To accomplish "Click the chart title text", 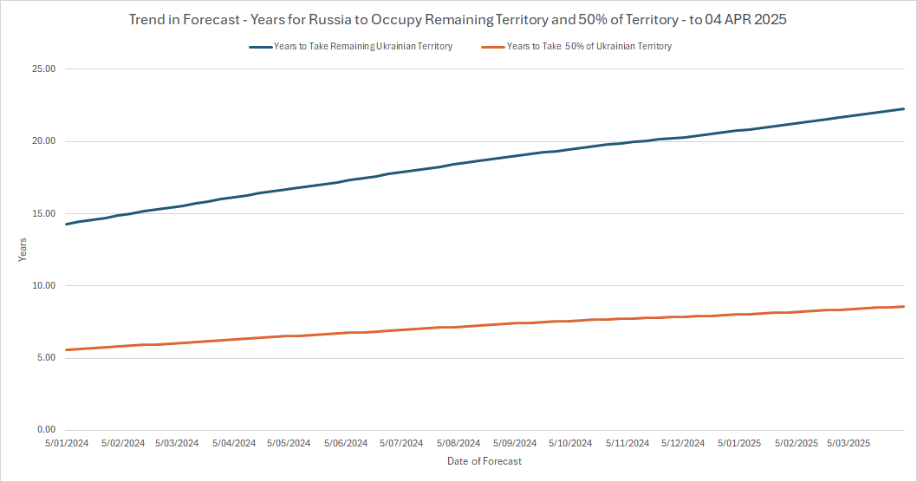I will (x=458, y=19).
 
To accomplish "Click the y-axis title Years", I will (x=23, y=250).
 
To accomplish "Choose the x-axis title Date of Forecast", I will (x=485, y=461).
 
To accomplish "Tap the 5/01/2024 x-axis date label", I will (x=66, y=443).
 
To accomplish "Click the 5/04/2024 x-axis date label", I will (x=234, y=443).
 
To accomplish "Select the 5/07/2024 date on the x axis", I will (x=401, y=443).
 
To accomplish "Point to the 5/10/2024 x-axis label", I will (x=570, y=443).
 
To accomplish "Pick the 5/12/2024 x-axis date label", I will (x=683, y=443).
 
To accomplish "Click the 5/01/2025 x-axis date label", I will (x=739, y=443).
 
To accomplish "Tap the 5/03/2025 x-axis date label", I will (x=849, y=443).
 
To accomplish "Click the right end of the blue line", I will (x=904, y=109).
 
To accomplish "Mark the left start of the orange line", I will (x=67, y=349).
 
